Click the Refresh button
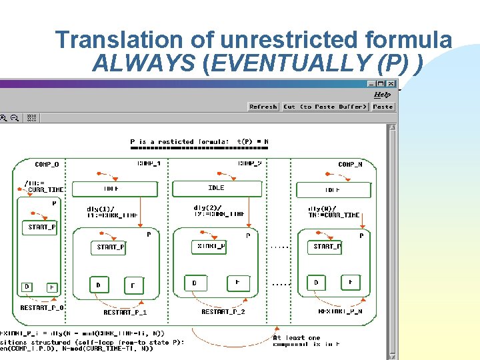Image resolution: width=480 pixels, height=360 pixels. [263, 107]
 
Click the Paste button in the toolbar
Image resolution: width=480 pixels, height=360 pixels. [383, 107]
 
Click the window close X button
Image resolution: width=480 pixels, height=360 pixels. [390, 84]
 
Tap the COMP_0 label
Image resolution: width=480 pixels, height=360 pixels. [47, 164]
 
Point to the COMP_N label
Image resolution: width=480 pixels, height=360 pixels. [350, 164]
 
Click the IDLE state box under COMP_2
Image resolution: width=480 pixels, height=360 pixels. [216, 189]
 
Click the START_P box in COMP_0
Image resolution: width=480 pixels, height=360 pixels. [42, 227]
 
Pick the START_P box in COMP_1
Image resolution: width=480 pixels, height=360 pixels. [111, 247]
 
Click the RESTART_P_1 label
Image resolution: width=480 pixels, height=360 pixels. [125, 312]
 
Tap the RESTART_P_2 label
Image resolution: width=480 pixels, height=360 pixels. [223, 311]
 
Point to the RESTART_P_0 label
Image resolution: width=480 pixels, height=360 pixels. [42, 308]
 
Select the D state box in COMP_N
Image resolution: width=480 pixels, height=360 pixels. [317, 283]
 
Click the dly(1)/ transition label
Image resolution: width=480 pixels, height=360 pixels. [101, 209]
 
